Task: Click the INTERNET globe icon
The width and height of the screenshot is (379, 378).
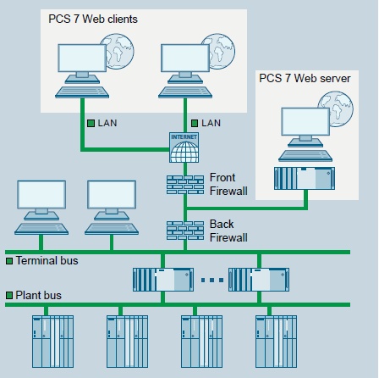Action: tap(184, 147)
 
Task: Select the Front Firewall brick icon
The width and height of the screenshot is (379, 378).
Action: tap(185, 185)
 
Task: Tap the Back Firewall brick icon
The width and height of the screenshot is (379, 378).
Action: tap(185, 231)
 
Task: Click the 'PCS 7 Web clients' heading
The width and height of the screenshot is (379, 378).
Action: tap(93, 19)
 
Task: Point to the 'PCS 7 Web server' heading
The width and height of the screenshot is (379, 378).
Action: tap(305, 78)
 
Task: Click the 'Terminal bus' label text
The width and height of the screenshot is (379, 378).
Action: tap(47, 260)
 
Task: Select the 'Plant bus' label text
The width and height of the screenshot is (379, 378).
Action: tap(38, 295)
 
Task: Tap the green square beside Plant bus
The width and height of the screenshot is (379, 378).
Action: tap(9, 296)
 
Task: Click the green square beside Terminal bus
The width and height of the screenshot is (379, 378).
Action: tap(9, 261)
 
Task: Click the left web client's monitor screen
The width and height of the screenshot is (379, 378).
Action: tap(82, 58)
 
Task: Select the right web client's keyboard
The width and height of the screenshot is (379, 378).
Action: tap(185, 92)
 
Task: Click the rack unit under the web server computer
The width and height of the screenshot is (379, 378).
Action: tap(305, 178)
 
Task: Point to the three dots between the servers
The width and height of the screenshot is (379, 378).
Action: tap(212, 280)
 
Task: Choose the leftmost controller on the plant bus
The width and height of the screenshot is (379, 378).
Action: tap(52, 342)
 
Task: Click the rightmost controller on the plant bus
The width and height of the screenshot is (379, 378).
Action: tap(276, 342)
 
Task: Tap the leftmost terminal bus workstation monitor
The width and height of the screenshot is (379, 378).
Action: tap(41, 195)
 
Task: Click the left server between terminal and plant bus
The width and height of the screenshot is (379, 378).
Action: tap(163, 280)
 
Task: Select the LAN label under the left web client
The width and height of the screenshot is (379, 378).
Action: tap(107, 123)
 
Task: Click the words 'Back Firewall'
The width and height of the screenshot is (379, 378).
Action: tap(228, 231)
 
